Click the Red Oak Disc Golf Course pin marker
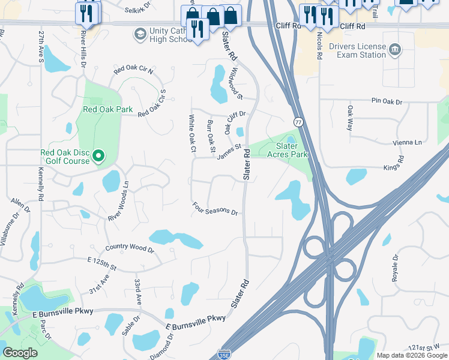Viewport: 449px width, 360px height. click(x=99, y=157)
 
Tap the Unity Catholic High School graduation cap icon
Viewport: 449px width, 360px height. click(x=140, y=32)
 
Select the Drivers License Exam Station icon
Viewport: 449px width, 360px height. click(x=394, y=48)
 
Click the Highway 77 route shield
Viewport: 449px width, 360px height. click(x=298, y=122)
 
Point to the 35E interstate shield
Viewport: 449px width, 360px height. click(x=224, y=355)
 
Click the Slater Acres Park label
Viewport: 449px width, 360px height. click(x=291, y=150)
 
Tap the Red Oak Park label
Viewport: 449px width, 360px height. click(x=107, y=109)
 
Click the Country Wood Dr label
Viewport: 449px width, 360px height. click(x=129, y=248)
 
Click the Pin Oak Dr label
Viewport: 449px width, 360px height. click(x=387, y=101)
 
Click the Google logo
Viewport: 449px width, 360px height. click(x=20, y=353)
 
